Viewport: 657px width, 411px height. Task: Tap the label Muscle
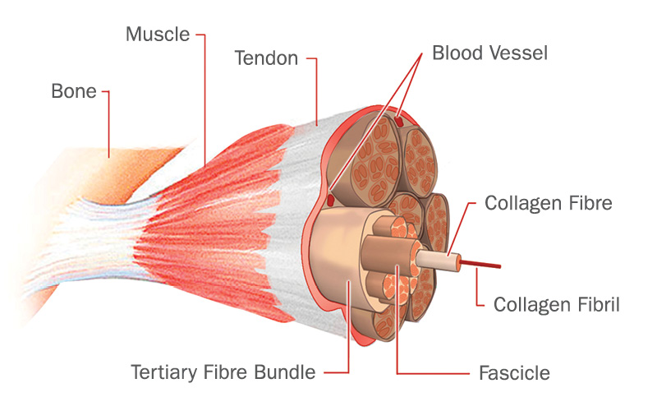click(158, 35)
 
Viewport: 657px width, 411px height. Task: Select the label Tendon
click(265, 59)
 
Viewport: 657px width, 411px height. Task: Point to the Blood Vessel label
click(490, 54)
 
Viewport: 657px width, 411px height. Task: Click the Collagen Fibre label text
click(549, 203)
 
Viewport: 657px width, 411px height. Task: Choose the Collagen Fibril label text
click(556, 305)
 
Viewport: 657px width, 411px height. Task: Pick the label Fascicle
click(514, 373)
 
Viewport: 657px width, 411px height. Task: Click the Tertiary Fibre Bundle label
click(223, 372)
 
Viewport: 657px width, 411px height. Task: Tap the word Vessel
click(519, 54)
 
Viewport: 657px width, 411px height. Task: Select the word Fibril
click(595, 305)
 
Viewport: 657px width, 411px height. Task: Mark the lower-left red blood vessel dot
click(329, 200)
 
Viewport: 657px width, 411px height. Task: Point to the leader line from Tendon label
click(316, 90)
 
